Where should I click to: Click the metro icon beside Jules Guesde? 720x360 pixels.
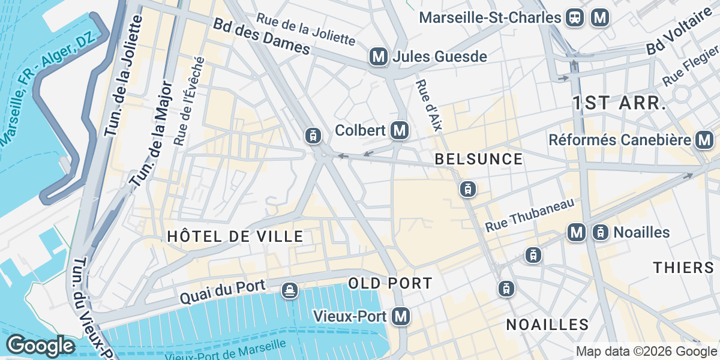point(378,57)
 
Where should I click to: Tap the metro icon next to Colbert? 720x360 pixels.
point(399,130)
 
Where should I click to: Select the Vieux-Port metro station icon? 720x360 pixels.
point(401,316)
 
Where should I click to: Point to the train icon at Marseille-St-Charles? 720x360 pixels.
point(575,17)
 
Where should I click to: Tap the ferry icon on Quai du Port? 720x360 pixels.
point(290,290)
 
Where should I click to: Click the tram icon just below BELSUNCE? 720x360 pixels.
point(467,189)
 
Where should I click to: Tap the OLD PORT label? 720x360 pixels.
point(390,283)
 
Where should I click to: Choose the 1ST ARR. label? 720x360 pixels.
point(619,103)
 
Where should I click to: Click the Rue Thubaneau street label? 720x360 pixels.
point(529,217)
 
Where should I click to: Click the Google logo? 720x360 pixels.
point(40,346)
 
